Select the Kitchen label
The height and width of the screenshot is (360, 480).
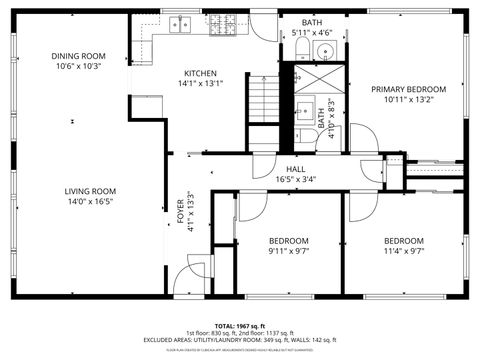(202, 73)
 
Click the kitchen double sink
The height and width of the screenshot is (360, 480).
(180, 24)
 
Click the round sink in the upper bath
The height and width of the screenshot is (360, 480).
(326, 50)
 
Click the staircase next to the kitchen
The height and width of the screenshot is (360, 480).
(262, 100)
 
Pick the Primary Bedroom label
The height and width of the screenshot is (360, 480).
(408, 89)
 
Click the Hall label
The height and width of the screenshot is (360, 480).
(296, 169)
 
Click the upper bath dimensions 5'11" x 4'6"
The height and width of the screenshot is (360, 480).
(313, 33)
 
